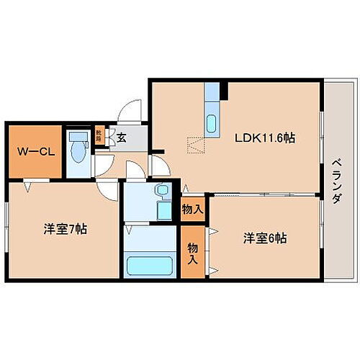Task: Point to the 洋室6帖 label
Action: coord(264,237)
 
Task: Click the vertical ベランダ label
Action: coord(335,180)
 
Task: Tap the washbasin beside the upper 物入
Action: coord(162,192)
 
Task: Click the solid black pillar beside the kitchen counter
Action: coord(224,91)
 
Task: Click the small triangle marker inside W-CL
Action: coord(27,186)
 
